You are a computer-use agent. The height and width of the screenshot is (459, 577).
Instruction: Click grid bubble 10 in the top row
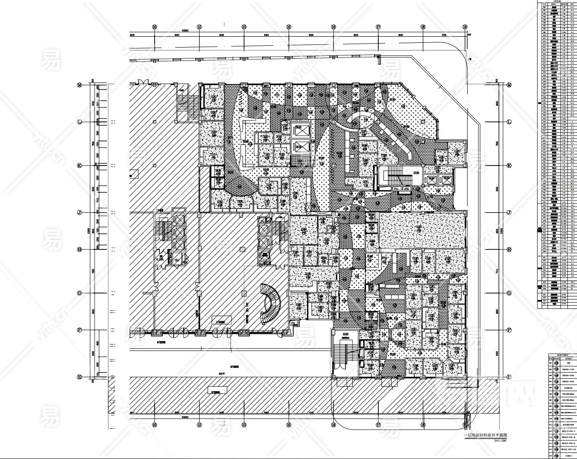click(x=155, y=27)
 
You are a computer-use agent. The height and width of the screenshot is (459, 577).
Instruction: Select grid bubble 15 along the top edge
click(x=288, y=27)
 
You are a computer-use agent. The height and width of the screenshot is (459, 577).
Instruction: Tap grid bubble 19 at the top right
click(x=465, y=27)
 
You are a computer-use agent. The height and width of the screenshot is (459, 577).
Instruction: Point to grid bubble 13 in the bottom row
click(x=244, y=425)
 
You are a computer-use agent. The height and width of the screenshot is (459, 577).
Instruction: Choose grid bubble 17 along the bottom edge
click(x=378, y=425)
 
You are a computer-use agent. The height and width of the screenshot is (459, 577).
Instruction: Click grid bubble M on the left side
click(x=79, y=85)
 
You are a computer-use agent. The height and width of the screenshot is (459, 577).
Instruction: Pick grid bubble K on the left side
click(x=79, y=166)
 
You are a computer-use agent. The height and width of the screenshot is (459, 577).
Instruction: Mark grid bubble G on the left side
click(x=79, y=293)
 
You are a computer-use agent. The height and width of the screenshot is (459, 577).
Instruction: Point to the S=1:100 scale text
click(x=498, y=440)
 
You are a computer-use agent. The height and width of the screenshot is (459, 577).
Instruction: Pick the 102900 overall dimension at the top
click(x=185, y=31)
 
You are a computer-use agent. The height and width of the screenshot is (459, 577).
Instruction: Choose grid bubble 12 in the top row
click(x=199, y=27)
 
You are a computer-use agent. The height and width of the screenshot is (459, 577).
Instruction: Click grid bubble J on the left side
click(x=79, y=213)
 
